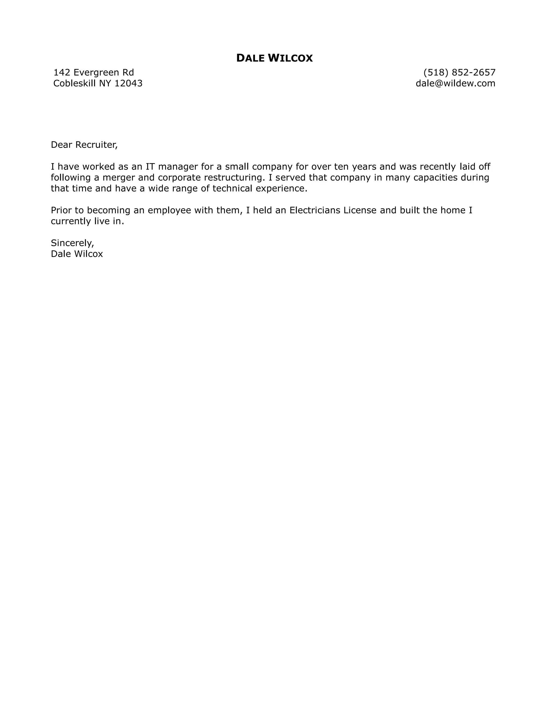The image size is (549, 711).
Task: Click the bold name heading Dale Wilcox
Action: [x=274, y=58]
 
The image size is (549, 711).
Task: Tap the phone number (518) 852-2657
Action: [x=459, y=72]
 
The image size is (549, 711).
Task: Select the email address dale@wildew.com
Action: [x=455, y=83]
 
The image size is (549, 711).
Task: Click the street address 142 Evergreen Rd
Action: [x=94, y=72]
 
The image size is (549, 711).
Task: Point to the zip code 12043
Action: [x=128, y=83]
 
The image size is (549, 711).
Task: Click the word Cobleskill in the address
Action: [x=75, y=83]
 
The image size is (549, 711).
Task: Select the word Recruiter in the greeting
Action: [x=96, y=145]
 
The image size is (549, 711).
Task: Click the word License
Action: [x=360, y=210]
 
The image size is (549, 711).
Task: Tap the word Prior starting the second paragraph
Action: [x=61, y=210]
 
